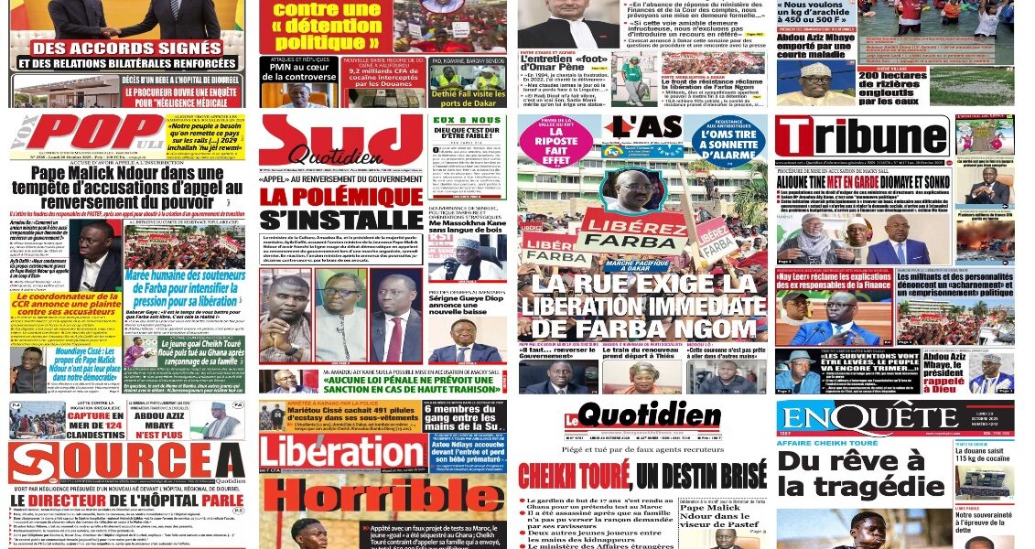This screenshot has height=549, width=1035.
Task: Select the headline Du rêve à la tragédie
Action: click(x=860, y=473)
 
